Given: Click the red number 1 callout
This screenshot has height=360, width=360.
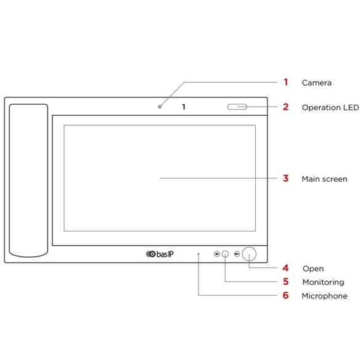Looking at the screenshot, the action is click(286, 82).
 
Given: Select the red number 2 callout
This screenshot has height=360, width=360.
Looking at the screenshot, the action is click(285, 107).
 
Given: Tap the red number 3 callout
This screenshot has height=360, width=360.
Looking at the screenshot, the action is click(285, 178).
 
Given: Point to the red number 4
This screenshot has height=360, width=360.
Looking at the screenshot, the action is click(285, 268).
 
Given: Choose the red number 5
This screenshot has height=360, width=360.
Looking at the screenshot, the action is click(285, 282).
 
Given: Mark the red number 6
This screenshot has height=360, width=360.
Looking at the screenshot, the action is click(285, 295).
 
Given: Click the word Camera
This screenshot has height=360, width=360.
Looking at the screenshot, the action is click(317, 83).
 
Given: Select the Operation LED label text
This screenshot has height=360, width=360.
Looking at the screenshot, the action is click(330, 107).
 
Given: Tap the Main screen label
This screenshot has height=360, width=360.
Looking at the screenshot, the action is click(324, 179).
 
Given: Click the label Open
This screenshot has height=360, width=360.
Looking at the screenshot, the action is click(313, 269).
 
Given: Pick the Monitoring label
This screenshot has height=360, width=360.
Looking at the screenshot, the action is click(323, 282).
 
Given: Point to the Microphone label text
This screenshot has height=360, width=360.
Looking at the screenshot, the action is click(324, 296).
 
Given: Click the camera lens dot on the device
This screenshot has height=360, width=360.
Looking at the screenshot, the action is click(160, 107).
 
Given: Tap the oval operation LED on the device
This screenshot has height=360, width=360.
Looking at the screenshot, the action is click(237, 107).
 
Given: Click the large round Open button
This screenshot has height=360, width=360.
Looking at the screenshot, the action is click(249, 254).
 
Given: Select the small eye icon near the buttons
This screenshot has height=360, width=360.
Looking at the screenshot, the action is click(217, 254).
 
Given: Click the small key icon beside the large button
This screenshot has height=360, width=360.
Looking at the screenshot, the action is click(237, 254).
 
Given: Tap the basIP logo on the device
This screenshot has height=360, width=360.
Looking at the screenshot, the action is click(160, 254).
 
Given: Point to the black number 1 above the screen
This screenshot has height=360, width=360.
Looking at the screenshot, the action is click(184, 107).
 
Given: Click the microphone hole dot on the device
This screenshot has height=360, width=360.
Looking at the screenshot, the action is click(198, 254).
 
